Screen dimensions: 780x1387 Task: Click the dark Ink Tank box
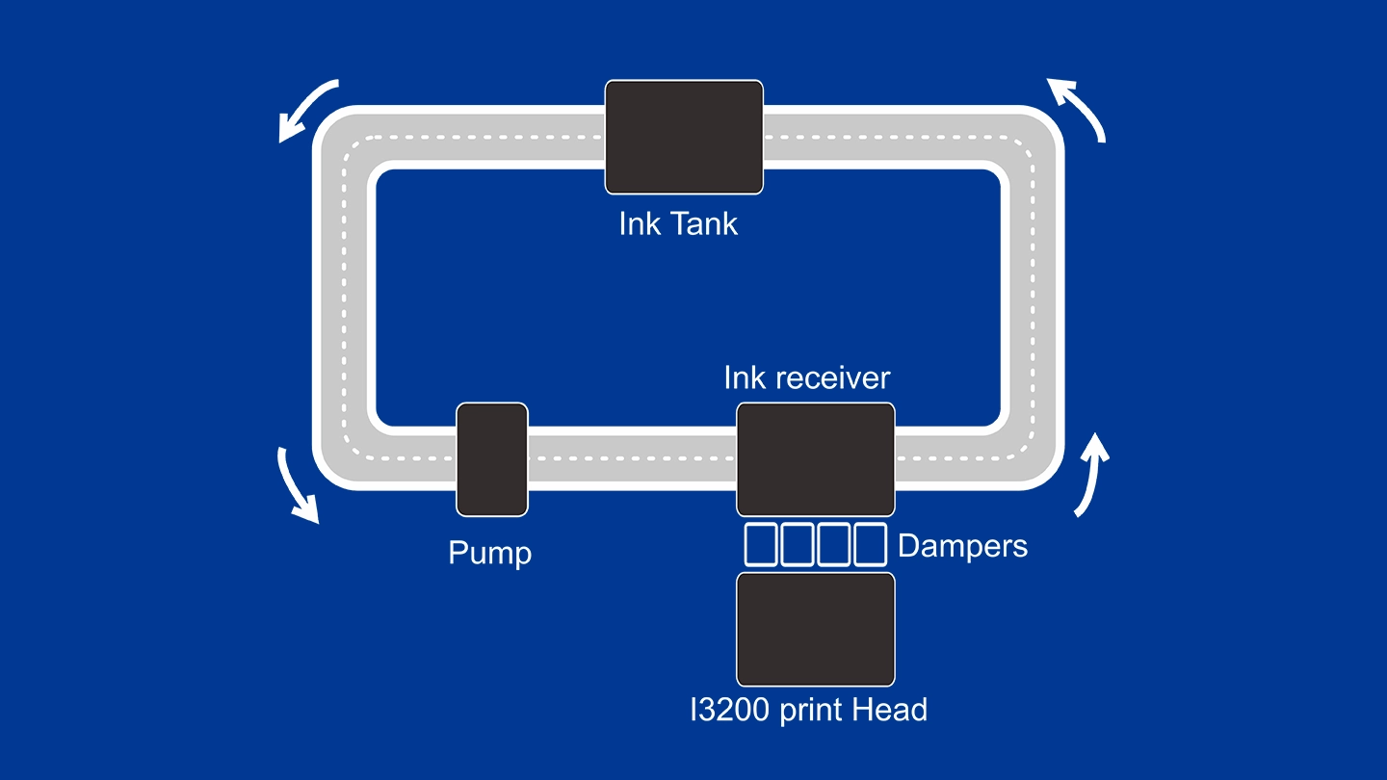[684, 137]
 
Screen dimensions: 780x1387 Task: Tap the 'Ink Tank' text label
[678, 223]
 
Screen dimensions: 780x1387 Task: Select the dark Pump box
[492, 459]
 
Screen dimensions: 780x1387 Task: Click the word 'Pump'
[489, 553]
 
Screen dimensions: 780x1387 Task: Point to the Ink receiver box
[816, 459]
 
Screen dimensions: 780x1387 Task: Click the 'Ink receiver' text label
[807, 377]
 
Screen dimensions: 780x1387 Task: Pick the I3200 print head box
[816, 630]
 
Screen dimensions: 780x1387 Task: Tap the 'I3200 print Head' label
[808, 710]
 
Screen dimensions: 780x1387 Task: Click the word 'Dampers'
[962, 546]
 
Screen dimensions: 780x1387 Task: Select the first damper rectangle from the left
[761, 544]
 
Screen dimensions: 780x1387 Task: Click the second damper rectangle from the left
[798, 544]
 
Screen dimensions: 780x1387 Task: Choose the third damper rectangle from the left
[834, 544]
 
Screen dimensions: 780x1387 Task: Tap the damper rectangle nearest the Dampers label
[870, 544]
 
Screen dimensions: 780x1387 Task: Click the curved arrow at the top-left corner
[307, 109]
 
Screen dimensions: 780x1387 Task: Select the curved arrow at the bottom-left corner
[299, 486]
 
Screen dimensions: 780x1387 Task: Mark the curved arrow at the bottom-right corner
[1089, 475]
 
